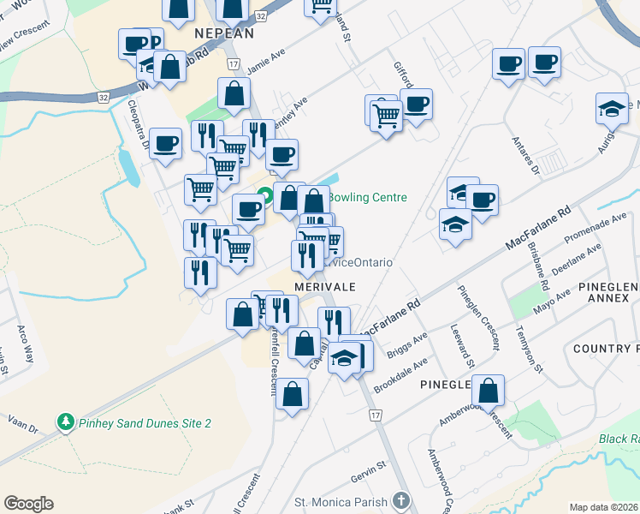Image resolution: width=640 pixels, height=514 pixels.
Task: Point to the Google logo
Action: (28, 504)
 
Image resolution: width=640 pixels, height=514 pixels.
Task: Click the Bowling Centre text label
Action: (366, 197)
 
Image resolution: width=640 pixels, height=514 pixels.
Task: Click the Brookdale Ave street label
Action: (400, 374)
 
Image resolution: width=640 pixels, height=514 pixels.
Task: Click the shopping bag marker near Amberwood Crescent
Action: (488, 391)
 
